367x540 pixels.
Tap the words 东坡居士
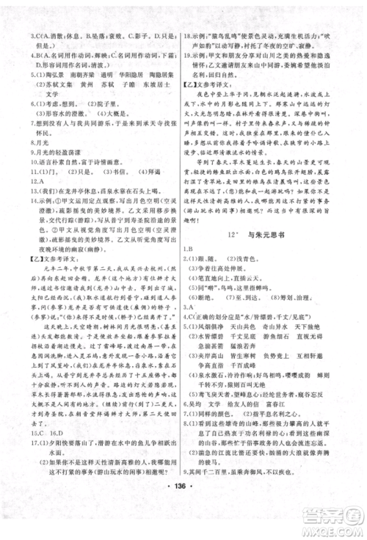click(x=157, y=85)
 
